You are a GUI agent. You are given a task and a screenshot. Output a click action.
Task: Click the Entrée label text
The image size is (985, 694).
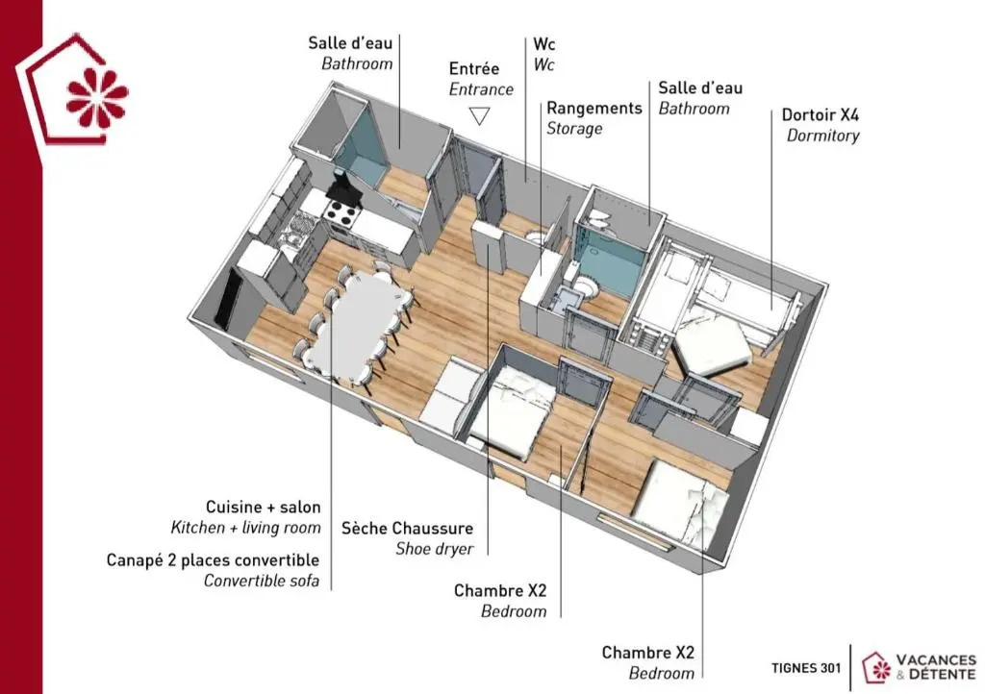pyautogui.click(x=473, y=68)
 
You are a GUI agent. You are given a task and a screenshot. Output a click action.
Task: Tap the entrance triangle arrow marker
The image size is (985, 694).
pyautogui.click(x=479, y=115)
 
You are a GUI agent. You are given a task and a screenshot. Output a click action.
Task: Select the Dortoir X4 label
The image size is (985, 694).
pyautogui.click(x=820, y=114)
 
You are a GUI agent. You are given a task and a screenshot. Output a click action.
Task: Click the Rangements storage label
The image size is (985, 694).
pyautogui.click(x=594, y=108)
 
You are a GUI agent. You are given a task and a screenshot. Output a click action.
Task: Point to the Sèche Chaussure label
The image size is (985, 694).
pyautogui.click(x=407, y=529)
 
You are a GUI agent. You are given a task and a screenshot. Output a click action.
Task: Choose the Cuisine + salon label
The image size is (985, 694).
pyautogui.click(x=264, y=507)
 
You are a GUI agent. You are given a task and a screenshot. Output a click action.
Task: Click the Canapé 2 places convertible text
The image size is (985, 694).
pyautogui.click(x=213, y=559)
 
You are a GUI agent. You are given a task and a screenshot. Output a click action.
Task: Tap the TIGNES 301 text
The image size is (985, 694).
pyautogui.click(x=805, y=668)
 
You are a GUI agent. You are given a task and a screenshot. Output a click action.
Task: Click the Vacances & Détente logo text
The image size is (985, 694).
pyautogui.click(x=936, y=667)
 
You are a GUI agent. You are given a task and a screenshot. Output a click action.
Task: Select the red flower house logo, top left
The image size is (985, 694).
pyautogui.click(x=72, y=91)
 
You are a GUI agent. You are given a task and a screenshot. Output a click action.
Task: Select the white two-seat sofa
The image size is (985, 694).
pyautogui.click(x=451, y=395)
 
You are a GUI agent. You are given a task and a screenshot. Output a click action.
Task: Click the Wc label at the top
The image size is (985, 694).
pyautogui.click(x=544, y=44)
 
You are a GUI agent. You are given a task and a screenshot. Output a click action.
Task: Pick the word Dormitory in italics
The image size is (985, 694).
pyautogui.click(x=823, y=136)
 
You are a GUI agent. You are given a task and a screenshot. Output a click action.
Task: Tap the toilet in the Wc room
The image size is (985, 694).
pyautogui.click(x=536, y=236)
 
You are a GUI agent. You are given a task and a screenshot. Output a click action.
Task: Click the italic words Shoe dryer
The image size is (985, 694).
pyautogui.click(x=435, y=549)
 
